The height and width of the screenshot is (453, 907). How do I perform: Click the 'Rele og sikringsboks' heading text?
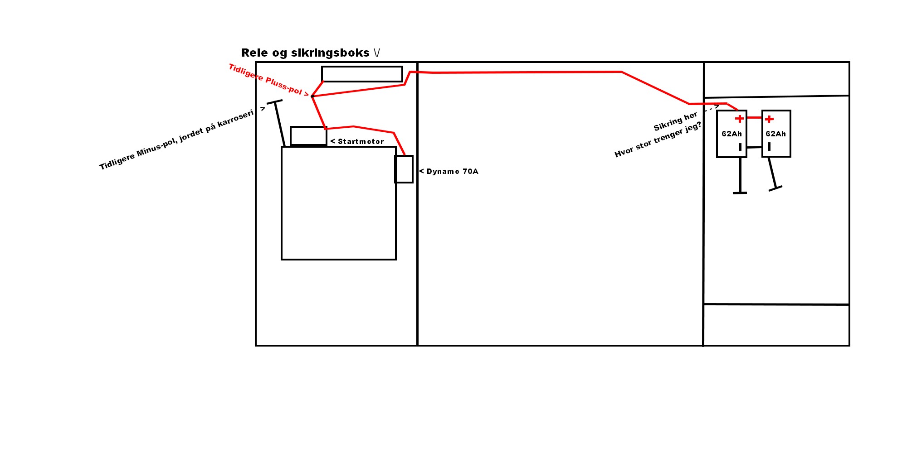coord(305,53)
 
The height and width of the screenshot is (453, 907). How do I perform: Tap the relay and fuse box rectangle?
coord(362,74)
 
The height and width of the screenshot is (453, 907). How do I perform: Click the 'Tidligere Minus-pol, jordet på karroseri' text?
coord(177,140)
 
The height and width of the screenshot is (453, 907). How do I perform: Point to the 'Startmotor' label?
coord(361,142)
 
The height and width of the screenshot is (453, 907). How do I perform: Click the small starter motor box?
coord(308,136)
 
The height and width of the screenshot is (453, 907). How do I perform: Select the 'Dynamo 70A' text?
coord(452,172)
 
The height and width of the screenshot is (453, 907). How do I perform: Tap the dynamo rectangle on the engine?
coord(404,169)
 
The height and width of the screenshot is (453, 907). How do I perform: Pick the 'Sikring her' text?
coord(675,121)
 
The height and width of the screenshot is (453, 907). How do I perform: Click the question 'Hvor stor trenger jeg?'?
coord(658,140)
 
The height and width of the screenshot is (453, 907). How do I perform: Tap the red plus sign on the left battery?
coord(740,119)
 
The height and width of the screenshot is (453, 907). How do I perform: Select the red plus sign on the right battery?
coord(769,119)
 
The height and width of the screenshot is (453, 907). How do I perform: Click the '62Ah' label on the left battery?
coord(731,134)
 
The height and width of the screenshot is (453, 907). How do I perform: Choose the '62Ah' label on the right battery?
coord(775,134)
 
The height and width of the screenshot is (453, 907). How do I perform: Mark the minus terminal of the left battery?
coord(740,147)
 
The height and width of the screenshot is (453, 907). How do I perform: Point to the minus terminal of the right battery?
coord(770,146)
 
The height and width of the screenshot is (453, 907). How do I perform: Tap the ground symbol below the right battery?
coord(775,188)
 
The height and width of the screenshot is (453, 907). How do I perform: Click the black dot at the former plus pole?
coord(312,96)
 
